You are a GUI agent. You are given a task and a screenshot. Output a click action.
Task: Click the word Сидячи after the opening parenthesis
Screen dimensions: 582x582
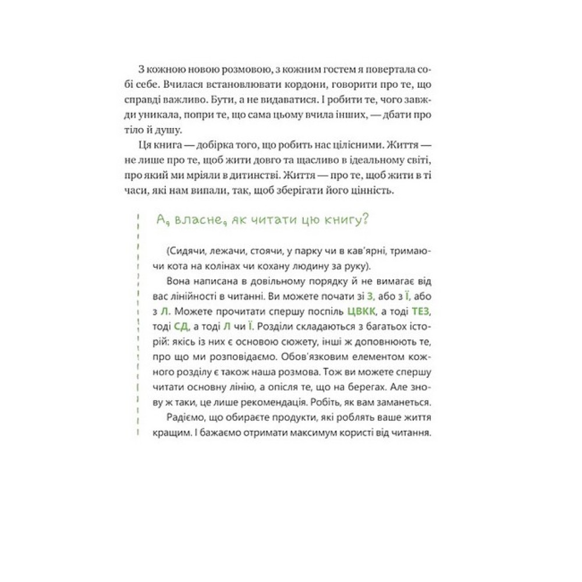185,251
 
